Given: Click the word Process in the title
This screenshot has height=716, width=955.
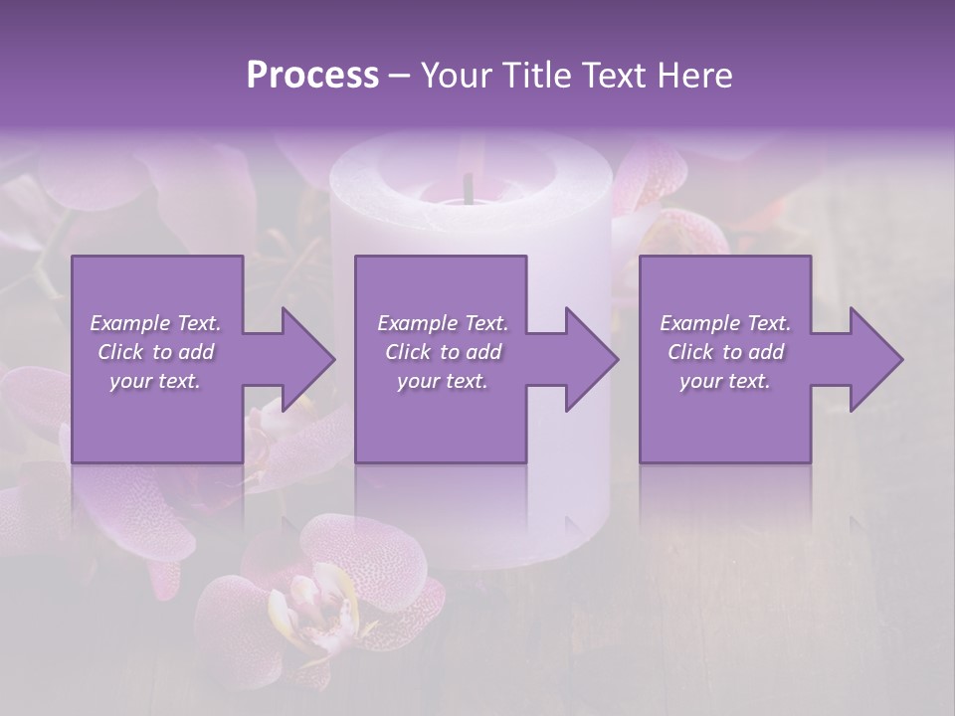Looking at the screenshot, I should coord(312,76).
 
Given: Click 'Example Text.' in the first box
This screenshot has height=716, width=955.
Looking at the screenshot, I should coord(156,323).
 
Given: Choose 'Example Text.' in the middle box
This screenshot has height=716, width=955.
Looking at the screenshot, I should coord(443,323).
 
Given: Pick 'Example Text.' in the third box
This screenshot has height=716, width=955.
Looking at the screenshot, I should coord(725,323).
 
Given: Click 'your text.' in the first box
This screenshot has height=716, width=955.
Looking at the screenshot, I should coord(156,381).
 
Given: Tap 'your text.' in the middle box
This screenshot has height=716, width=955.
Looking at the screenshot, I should coord(443,381).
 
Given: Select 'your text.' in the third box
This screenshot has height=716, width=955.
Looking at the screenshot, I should coord(725,381).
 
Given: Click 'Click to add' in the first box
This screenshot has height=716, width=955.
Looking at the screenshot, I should coord(156,352).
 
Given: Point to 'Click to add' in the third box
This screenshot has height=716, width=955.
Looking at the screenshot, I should coord(725,352).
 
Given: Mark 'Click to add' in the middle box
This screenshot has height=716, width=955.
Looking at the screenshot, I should coord(443,352).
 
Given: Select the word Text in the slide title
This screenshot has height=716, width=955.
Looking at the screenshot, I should coord(613,76).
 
